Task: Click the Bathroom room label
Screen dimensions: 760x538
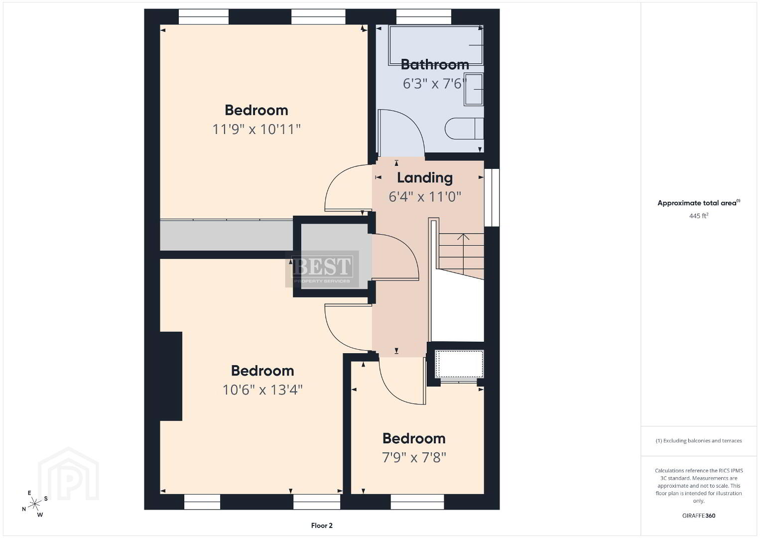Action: coord(435,64)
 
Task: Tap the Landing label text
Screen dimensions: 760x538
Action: coord(425,178)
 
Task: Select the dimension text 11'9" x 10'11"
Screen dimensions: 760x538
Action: coord(256,130)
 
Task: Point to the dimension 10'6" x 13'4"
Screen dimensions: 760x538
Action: coord(262,390)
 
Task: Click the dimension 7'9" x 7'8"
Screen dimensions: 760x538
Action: coord(414,458)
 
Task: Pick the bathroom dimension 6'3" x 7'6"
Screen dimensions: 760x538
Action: coord(435,84)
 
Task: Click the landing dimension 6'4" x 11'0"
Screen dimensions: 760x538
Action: coord(425,197)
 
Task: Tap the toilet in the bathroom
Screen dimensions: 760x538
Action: coord(464,129)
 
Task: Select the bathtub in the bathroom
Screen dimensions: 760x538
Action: coord(436,45)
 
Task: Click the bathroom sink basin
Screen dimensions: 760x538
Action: coord(474,89)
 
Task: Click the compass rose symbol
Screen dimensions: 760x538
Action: coord(34,504)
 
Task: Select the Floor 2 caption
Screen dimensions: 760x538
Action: coord(322,526)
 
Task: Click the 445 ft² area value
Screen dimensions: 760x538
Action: coord(699,216)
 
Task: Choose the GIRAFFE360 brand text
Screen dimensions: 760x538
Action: coord(699,516)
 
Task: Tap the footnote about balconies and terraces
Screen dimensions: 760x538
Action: coord(699,440)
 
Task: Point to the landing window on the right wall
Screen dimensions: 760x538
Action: coord(492,198)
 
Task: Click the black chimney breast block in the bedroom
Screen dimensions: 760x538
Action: coord(171,376)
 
